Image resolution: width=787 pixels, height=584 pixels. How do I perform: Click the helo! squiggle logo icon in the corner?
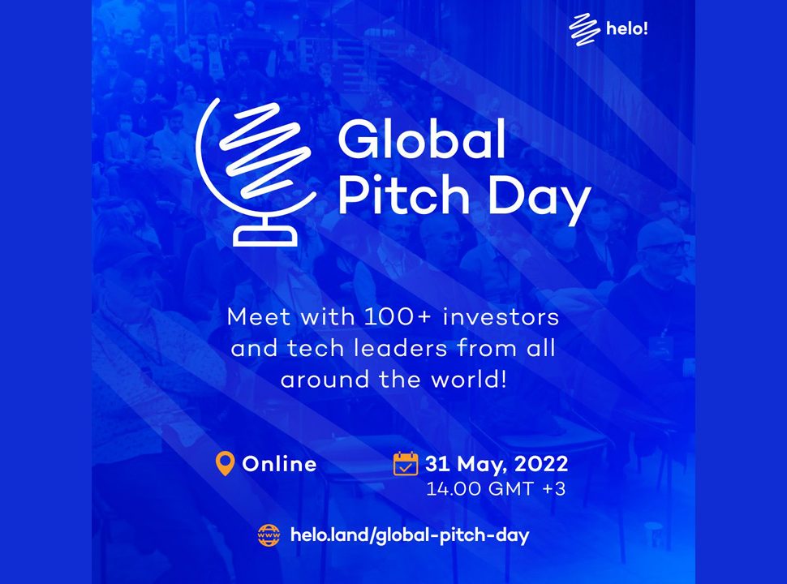click(584, 29)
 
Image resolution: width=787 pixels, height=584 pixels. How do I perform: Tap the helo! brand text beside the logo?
click(627, 28)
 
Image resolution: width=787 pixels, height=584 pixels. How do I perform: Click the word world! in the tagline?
click(469, 380)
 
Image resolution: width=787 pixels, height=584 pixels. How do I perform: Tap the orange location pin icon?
click(225, 464)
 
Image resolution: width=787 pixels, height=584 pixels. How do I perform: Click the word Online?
click(280, 464)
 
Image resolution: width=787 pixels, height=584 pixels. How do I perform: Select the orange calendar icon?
click(406, 463)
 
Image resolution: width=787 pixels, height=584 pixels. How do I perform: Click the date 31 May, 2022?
click(497, 464)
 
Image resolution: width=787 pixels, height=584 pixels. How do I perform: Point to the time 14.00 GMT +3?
click(496, 488)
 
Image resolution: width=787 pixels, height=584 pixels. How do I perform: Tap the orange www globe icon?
click(269, 535)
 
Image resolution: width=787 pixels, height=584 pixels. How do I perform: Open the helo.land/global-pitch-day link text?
click(410, 535)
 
